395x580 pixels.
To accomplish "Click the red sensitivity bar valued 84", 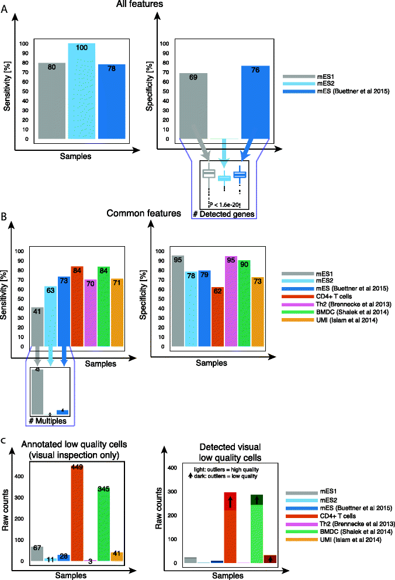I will tap(77, 306).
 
